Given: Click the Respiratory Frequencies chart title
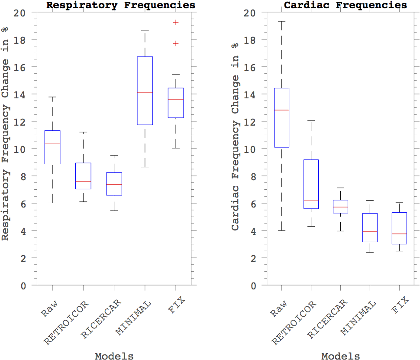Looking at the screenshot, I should point(121,5).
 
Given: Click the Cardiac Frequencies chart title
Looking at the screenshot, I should point(346,5).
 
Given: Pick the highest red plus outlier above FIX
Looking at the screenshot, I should point(176,23).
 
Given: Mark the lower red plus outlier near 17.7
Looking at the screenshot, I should point(176,43).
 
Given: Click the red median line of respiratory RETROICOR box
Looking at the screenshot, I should point(83,182).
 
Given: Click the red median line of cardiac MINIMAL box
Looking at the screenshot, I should point(370,232).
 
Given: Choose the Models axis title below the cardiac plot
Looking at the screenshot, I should point(340,356).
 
